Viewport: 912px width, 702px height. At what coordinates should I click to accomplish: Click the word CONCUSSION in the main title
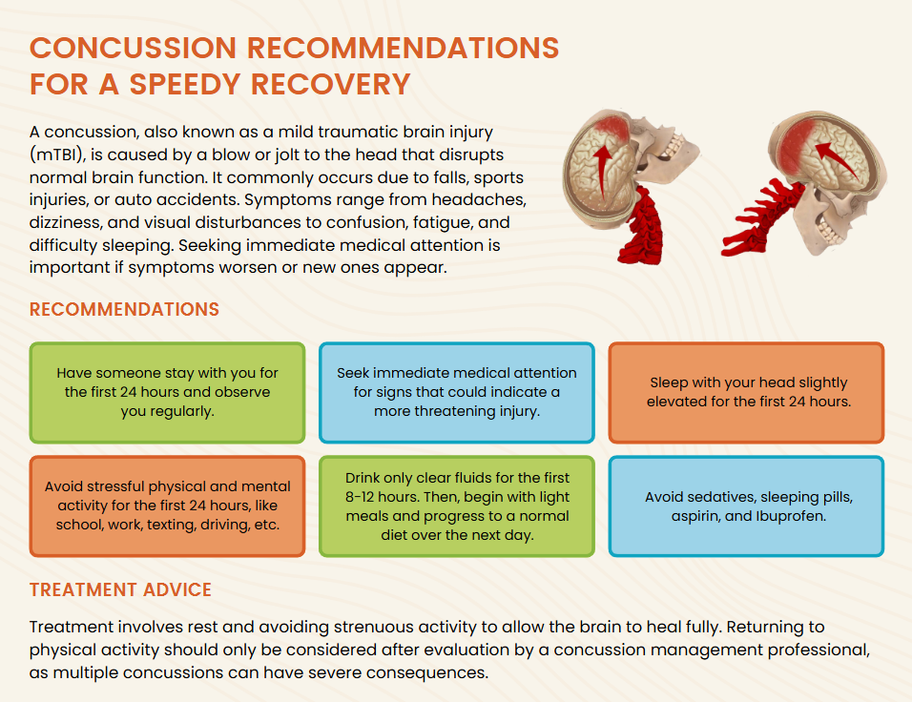coord(134,48)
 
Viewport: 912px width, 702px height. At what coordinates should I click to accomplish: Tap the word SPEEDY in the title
coord(185,84)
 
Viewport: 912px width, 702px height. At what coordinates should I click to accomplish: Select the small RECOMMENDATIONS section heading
coord(124,309)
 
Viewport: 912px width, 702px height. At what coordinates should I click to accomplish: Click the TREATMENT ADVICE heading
coord(120,589)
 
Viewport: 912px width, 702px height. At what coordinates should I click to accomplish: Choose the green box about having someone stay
coord(168,393)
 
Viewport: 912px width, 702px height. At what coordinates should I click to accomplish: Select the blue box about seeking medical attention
coord(457,393)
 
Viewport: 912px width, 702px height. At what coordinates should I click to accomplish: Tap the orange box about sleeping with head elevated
coord(746,393)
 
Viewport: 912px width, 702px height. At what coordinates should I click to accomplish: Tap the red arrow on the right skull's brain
coord(837,158)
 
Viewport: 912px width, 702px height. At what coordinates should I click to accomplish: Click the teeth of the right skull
coord(828,231)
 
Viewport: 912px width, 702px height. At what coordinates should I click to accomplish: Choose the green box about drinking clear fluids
coord(457,506)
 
